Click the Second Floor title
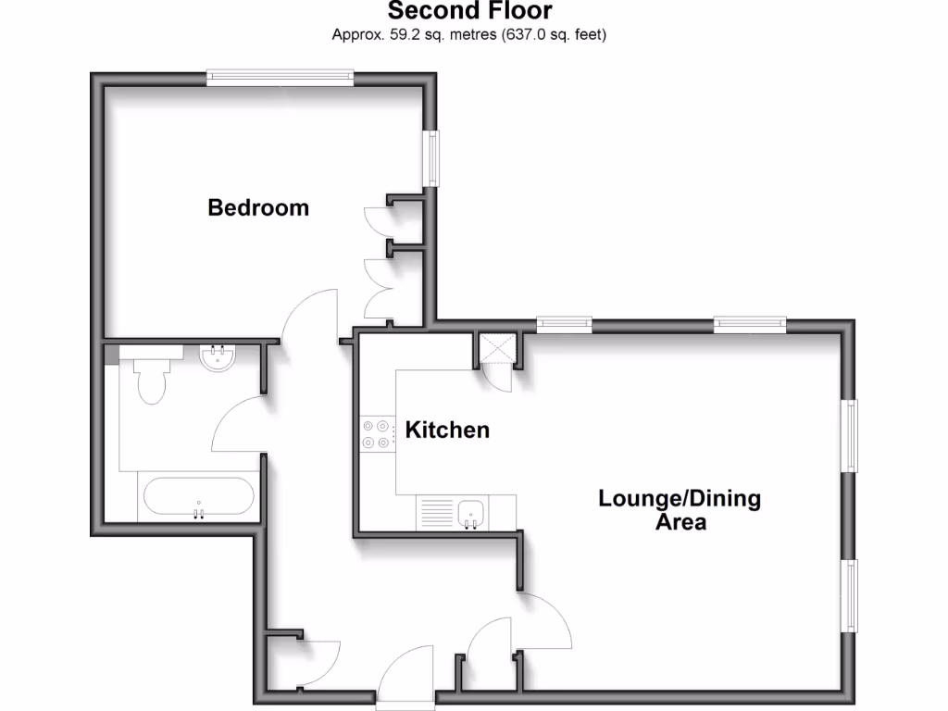(469, 12)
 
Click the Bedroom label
(258, 207)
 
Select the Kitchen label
(447, 430)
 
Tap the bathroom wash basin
(219, 358)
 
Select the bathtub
(197, 498)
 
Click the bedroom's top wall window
(280, 78)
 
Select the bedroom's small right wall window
(431, 158)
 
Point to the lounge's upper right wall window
(848, 435)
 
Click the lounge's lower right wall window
(848, 595)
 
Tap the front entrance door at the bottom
(405, 680)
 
